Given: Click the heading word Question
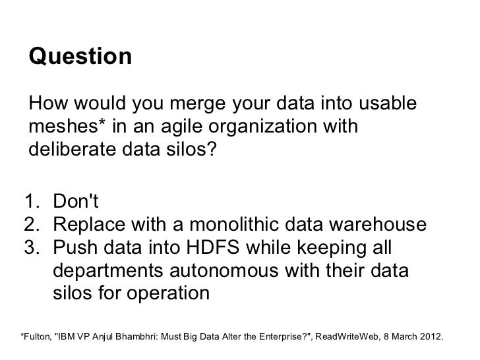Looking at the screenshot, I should coord(80,57).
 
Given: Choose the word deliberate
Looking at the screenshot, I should coord(73,148).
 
